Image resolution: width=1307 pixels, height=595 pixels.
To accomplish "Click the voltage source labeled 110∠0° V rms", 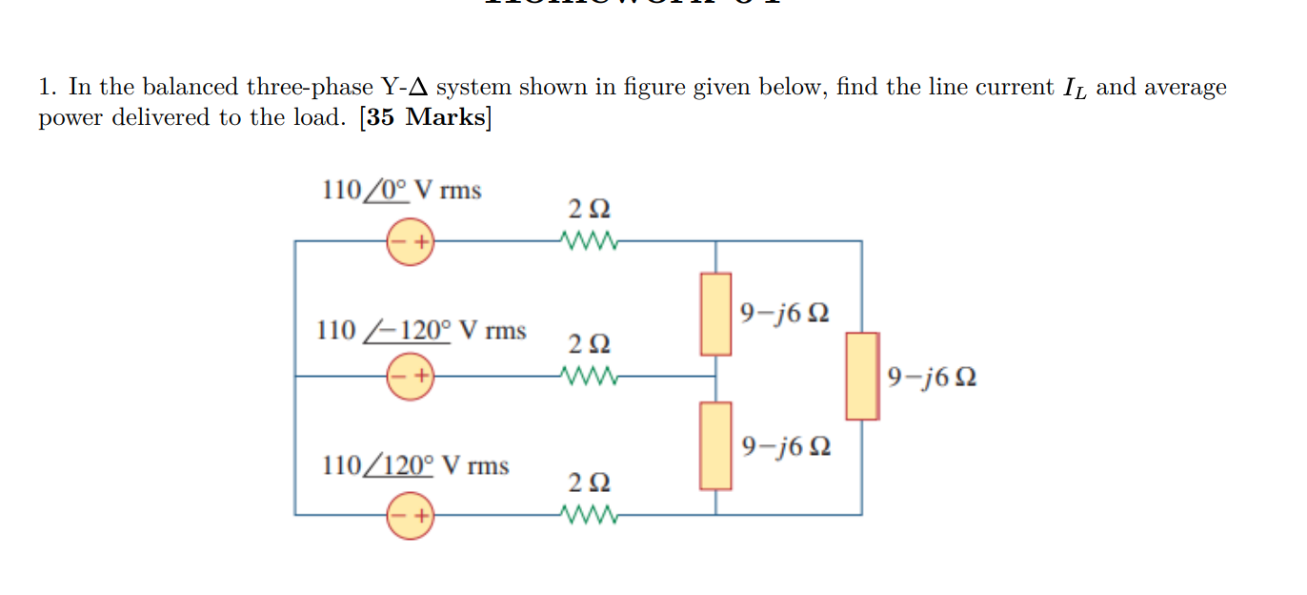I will click(x=410, y=242).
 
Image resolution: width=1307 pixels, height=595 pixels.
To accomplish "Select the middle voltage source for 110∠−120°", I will click(x=410, y=376).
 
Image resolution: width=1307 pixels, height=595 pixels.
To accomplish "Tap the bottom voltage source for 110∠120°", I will click(x=410, y=515).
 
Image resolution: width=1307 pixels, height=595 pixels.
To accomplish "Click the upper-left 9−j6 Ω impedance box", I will click(x=716, y=314).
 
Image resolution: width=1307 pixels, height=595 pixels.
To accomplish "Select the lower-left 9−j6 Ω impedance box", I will click(x=716, y=445).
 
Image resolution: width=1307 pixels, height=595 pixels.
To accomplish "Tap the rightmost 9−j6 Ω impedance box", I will click(x=862, y=376).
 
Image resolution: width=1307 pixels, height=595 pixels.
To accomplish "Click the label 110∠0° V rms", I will click(x=402, y=191).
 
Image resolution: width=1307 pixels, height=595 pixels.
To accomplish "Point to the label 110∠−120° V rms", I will click(x=421, y=331).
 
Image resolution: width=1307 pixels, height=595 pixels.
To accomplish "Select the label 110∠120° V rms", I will click(x=415, y=466).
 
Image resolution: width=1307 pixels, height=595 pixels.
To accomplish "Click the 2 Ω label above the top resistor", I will click(x=589, y=208).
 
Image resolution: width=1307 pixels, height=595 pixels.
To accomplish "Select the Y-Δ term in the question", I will click(x=407, y=88).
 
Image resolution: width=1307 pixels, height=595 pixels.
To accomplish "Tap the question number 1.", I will click(x=48, y=88).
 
